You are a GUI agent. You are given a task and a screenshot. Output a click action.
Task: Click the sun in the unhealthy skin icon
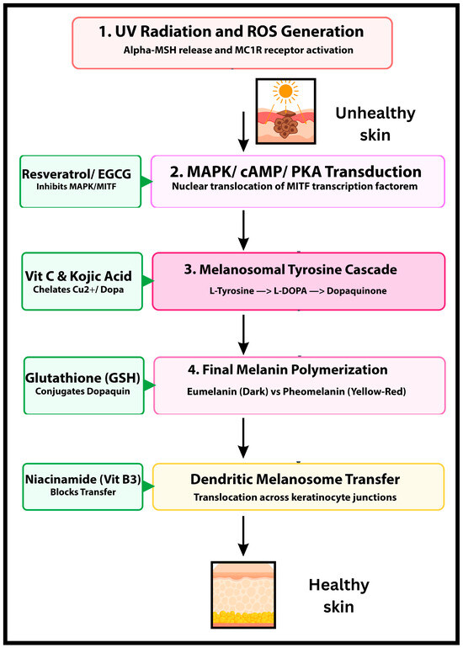coord(285,91)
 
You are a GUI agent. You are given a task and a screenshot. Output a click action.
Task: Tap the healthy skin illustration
coord(243,594)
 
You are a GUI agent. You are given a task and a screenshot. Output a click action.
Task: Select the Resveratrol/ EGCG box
coord(82,181)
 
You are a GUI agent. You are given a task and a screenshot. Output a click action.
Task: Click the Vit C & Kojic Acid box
coord(82,281)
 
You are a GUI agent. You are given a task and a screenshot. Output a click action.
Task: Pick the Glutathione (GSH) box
coord(84,385)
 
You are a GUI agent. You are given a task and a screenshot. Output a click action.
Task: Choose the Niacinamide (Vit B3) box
coord(83,486)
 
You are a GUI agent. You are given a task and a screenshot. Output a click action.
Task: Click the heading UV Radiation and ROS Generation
coord(231,32)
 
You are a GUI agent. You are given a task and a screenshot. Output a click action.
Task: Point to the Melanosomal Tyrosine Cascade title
coord(290,270)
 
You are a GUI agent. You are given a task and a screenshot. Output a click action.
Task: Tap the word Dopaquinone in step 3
coord(357,291)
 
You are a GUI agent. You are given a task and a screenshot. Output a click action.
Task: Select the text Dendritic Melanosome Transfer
coord(295,480)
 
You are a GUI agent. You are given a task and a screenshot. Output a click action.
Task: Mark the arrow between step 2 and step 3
coord(244,230)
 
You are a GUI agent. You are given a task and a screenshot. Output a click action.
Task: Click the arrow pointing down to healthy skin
coord(244,535)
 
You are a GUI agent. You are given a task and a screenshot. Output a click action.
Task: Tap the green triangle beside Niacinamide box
coord(149,486)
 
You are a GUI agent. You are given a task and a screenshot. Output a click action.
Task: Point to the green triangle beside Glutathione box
coord(150,385)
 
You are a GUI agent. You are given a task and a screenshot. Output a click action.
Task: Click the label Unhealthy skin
coord(375,124)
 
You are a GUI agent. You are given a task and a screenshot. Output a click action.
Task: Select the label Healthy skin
coord(338,596)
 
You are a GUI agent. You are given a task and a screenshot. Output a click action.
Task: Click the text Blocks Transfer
coord(83,492)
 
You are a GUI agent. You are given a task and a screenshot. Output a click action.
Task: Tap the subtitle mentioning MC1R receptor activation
coord(238,50)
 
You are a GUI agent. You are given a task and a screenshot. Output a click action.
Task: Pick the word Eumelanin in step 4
coord(209,391)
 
